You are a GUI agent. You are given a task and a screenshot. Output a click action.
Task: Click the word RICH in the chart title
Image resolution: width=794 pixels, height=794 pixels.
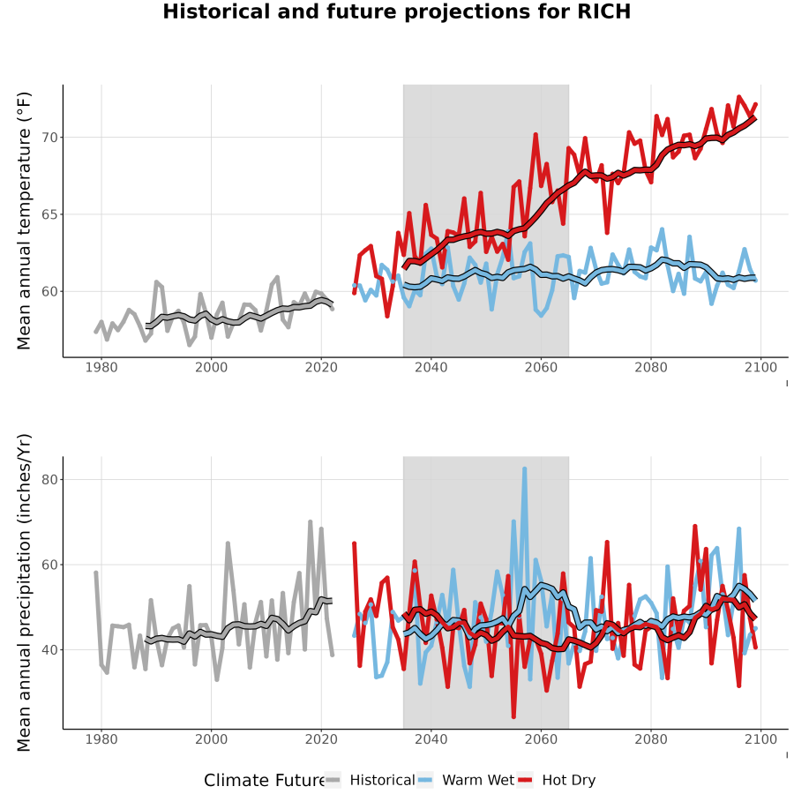coord(604,11)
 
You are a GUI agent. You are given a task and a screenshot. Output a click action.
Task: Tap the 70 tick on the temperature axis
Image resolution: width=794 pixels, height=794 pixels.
coord(49,138)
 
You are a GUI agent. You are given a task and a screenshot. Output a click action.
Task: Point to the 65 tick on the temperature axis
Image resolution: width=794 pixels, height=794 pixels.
coord(49,214)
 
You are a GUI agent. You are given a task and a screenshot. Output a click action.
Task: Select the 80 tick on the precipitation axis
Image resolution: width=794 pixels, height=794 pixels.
coord(49,480)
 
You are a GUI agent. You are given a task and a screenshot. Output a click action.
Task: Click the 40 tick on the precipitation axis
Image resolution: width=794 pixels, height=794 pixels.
coord(49,649)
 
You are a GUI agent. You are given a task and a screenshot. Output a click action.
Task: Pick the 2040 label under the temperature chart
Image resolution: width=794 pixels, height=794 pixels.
coord(431,367)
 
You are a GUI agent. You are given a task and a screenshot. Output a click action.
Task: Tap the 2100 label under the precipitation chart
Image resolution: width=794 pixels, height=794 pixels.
coord(760,739)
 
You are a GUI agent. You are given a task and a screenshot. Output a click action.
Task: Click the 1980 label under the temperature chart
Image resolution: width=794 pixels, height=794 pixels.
coord(101,367)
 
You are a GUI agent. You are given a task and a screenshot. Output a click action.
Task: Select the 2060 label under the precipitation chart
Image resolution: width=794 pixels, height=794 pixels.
coord(541,739)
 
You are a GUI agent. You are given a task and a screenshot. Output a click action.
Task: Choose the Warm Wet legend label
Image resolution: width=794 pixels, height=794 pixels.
coord(478,781)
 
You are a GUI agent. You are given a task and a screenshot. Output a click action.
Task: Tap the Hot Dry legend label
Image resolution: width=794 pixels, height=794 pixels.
coord(569,781)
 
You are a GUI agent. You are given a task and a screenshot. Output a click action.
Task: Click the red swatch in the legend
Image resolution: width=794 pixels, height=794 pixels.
coord(525,781)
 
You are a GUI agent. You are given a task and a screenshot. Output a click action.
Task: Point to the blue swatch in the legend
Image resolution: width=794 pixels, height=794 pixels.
coord(425,781)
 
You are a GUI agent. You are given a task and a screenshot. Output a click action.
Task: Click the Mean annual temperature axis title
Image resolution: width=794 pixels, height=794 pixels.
coord(24,221)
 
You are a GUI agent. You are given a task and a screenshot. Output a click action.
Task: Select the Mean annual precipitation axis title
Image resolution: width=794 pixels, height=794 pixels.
coord(24,593)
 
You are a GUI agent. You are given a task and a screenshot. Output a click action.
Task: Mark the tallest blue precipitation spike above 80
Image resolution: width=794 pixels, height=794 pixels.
coord(525,469)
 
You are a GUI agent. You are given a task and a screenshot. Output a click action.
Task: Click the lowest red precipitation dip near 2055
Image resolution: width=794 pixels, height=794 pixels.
coord(513,716)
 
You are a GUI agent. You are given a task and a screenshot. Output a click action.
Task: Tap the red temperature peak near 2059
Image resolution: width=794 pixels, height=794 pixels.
coord(536,135)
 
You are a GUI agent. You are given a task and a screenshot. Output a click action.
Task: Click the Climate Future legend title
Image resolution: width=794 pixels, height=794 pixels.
coord(265,781)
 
